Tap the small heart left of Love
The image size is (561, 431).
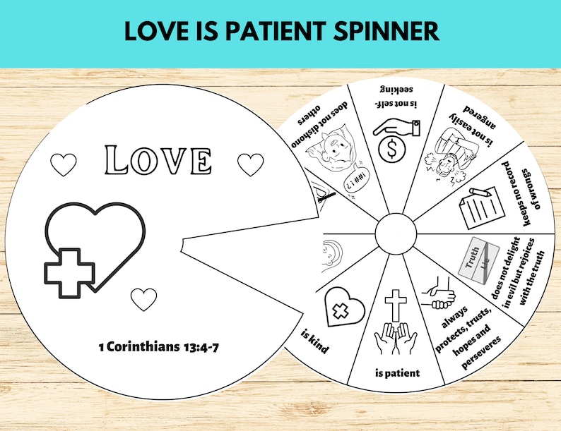coord(64,165)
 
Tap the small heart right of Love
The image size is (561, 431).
coord(250,164)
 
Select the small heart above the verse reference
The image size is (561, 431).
coord(144,299)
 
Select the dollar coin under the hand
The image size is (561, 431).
coord(386,150)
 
